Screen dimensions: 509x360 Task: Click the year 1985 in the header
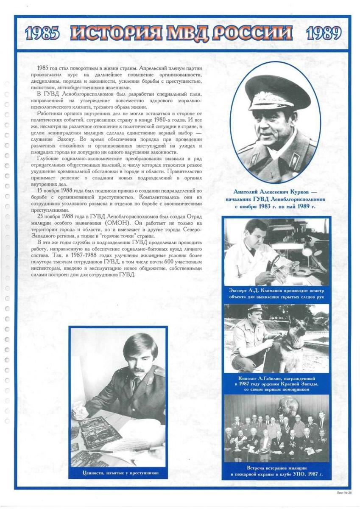42,34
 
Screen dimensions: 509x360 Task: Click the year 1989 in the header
324,34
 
